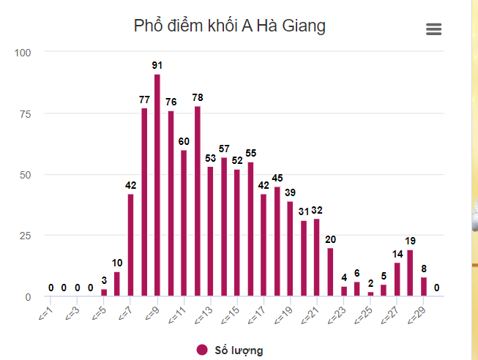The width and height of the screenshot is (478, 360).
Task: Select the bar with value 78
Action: coord(197,201)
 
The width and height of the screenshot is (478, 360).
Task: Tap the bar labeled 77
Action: coord(144,202)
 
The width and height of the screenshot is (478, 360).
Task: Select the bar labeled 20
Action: coord(330,272)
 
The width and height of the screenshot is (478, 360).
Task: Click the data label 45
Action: coord(277,178)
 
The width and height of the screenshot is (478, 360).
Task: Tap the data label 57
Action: coord(224,149)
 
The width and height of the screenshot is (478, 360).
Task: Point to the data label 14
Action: coord(397,254)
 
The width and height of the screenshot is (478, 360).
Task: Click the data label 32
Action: coord(317,210)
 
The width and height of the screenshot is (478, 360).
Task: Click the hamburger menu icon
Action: coord(433,29)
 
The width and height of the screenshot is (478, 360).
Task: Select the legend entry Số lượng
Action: coord(230,350)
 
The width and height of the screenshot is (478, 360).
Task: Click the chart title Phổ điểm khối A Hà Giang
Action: coord(230,26)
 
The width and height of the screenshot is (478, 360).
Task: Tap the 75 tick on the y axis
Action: coord(25,113)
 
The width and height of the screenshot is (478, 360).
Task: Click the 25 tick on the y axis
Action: coord(25,236)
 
